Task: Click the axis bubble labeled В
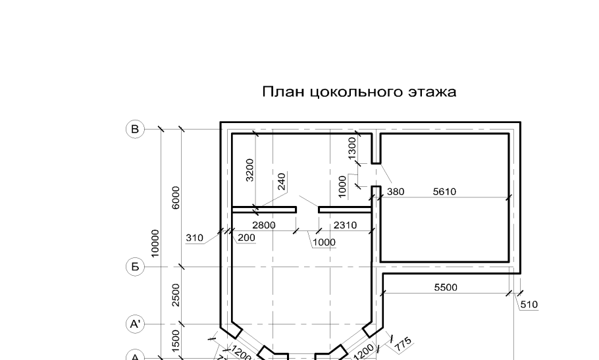pyautogui.click(x=135, y=130)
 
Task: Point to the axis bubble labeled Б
pyautogui.click(x=135, y=267)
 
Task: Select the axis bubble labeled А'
pyautogui.click(x=135, y=324)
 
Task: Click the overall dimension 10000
pyautogui.click(x=156, y=244)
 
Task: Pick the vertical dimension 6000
pyautogui.click(x=176, y=198)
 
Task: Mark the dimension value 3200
pyautogui.click(x=249, y=169)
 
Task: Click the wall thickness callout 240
pyautogui.click(x=282, y=182)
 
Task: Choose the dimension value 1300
pyautogui.click(x=352, y=145)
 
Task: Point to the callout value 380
pyautogui.click(x=396, y=192)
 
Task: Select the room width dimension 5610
pyautogui.click(x=444, y=192)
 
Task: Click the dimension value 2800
pyautogui.click(x=263, y=225)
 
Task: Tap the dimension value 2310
pyautogui.click(x=345, y=225)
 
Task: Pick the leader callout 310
pyautogui.click(x=194, y=238)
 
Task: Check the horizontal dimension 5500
pyautogui.click(x=446, y=288)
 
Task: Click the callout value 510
pyautogui.click(x=529, y=305)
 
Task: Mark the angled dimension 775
pyautogui.click(x=403, y=342)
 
